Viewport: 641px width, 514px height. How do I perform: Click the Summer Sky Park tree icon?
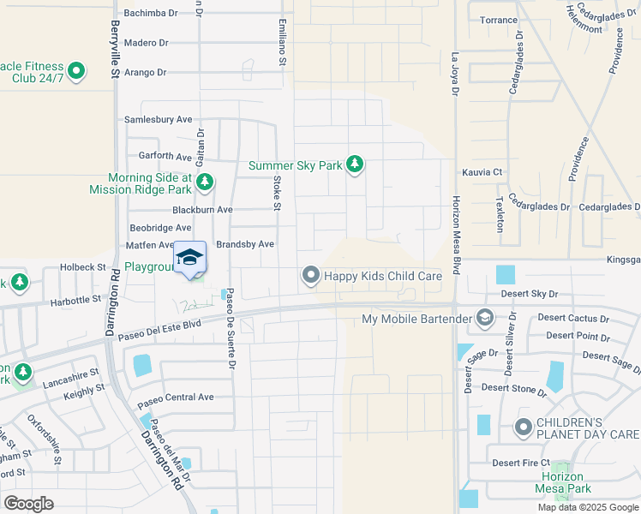355,164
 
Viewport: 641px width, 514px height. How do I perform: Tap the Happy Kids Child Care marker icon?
310,275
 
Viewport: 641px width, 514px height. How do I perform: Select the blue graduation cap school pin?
190,258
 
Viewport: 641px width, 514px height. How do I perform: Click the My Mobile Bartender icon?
485,319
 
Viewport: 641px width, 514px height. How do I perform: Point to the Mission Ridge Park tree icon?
205,182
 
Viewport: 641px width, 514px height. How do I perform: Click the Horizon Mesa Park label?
562,482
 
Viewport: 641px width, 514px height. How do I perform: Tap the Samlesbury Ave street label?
159,120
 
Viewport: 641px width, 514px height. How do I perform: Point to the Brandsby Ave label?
244,244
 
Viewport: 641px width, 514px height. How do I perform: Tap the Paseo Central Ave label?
176,397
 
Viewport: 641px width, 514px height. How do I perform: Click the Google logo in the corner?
28,503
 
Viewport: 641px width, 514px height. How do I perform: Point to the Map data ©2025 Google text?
587,507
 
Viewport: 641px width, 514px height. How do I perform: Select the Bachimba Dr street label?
151,14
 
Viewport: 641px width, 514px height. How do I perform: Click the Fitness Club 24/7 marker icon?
76,70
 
